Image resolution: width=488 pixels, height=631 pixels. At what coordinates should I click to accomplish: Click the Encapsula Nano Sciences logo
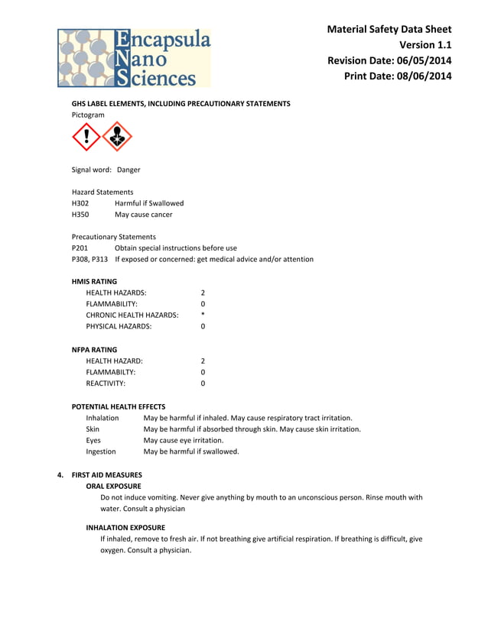[x=134, y=57]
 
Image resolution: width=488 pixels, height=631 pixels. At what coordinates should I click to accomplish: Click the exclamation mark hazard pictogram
[x=86, y=138]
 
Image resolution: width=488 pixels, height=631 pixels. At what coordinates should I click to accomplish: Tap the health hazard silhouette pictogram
[x=117, y=138]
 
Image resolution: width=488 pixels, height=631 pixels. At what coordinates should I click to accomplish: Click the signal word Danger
[x=129, y=170]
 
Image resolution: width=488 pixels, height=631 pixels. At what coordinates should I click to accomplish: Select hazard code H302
[x=80, y=203]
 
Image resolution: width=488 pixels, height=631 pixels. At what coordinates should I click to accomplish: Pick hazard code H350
[x=80, y=215]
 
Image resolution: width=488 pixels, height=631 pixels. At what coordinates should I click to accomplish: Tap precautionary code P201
[x=80, y=248]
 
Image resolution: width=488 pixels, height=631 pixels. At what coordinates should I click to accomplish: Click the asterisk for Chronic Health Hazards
[x=203, y=315]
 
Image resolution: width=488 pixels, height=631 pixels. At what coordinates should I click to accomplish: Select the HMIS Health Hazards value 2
[x=203, y=293]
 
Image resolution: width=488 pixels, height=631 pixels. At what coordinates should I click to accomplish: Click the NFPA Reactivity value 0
[x=203, y=383]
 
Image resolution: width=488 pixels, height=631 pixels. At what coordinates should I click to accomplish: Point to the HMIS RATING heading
[x=94, y=281]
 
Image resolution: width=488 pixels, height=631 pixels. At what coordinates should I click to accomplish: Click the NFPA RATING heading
[x=94, y=349]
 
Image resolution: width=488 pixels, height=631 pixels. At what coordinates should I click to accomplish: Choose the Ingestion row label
[x=101, y=451]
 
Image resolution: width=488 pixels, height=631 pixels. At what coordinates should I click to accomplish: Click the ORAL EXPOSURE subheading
[x=113, y=486]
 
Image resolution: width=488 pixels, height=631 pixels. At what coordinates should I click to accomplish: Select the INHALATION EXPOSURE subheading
[x=125, y=527]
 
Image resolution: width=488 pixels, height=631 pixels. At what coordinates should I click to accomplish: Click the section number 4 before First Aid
[x=61, y=474]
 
